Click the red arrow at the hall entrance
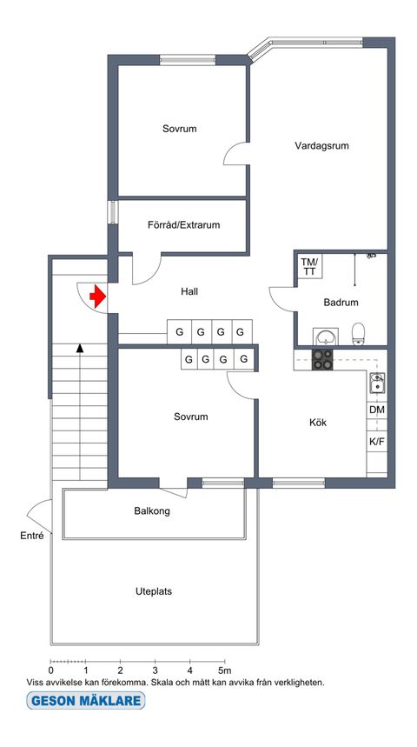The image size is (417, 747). (x=98, y=297)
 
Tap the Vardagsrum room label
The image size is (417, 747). (x=321, y=146)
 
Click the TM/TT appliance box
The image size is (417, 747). (x=309, y=266)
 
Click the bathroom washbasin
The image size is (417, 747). (x=326, y=337)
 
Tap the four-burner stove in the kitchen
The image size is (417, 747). (x=322, y=360)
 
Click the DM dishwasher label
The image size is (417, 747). (x=377, y=410)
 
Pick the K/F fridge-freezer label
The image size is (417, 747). (x=377, y=441)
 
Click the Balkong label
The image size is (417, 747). (x=152, y=511)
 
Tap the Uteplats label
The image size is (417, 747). (x=154, y=591)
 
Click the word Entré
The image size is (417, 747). (x=32, y=537)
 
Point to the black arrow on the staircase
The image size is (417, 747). (x=80, y=348)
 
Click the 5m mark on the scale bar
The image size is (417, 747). (x=223, y=670)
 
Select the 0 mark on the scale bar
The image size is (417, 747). (x=51, y=670)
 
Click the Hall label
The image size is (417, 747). (x=189, y=291)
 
